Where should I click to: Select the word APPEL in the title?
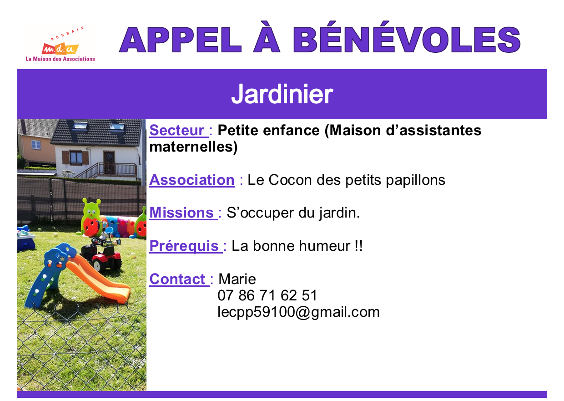coord(181,40)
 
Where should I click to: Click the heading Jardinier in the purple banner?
coord(282,94)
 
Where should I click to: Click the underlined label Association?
coord(192,180)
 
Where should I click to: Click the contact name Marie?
coord(237,279)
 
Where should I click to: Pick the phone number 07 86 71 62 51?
coord(267,295)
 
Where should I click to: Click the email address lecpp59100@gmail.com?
coord(298,312)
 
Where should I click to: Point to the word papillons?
coord(415,180)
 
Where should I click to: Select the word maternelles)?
coord(193,147)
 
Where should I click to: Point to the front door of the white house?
coord(109,162)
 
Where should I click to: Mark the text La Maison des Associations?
coord(60,59)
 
